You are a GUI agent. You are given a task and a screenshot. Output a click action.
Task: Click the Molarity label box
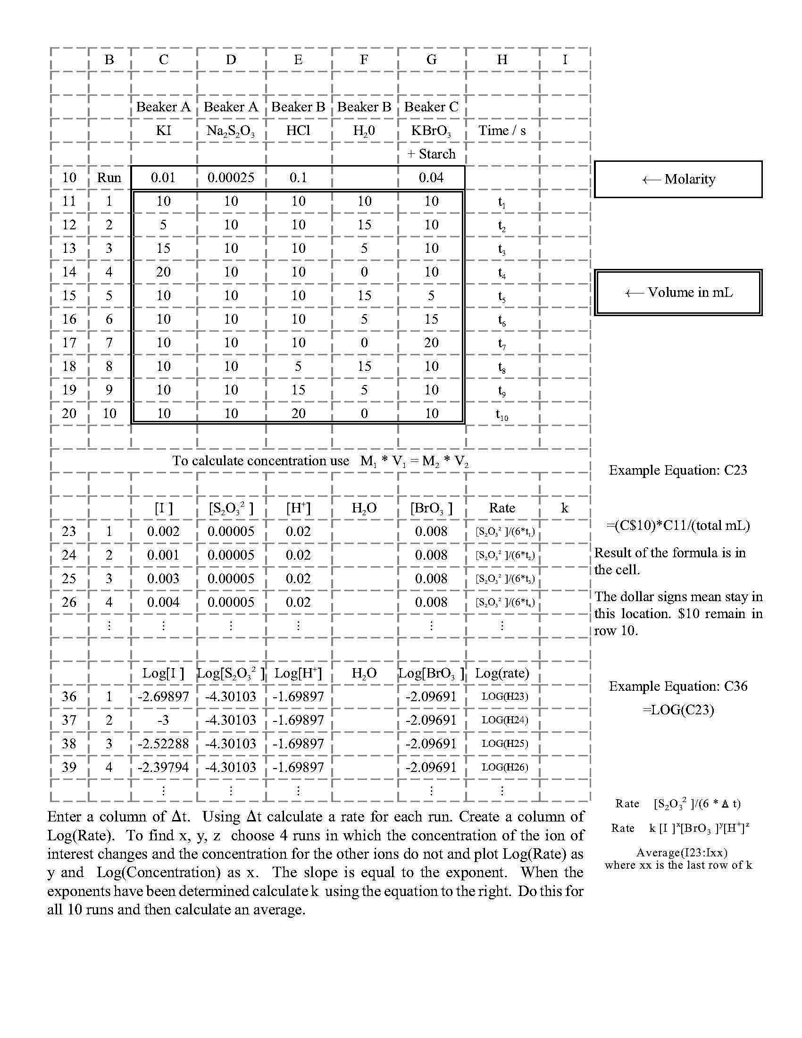(x=678, y=179)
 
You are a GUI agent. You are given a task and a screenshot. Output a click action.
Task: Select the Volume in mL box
(x=678, y=293)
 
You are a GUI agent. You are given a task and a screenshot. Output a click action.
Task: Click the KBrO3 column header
(x=431, y=131)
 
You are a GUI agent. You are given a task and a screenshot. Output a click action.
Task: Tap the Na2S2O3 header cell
(x=230, y=131)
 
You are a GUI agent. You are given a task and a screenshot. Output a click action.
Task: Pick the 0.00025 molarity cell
(x=231, y=178)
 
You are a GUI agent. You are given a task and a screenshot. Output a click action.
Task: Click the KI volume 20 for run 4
(x=163, y=272)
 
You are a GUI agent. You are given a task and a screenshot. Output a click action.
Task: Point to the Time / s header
(x=502, y=131)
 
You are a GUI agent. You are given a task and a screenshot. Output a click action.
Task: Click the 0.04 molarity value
(x=431, y=178)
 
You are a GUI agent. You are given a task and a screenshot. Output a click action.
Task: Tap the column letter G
(x=431, y=59)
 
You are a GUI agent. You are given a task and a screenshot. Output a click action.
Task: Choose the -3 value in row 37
(x=163, y=720)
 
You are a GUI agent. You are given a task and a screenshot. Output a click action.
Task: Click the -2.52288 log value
(x=163, y=743)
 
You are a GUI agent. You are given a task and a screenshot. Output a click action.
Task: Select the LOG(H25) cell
(x=505, y=743)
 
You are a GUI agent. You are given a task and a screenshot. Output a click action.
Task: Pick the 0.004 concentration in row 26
(x=163, y=602)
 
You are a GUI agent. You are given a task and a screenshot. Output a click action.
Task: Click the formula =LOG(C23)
(x=678, y=710)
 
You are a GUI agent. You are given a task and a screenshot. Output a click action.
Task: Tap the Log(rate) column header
(x=502, y=673)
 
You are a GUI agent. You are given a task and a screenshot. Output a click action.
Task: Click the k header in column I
(x=564, y=508)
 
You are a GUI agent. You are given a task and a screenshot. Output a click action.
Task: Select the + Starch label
(x=431, y=154)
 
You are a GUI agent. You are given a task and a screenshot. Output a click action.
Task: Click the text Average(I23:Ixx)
(x=678, y=853)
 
